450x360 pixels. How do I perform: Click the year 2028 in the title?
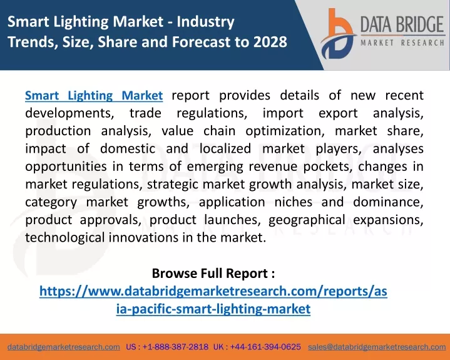pyautogui.click(x=270, y=41)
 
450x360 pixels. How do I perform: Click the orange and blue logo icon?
pyautogui.click(x=338, y=34)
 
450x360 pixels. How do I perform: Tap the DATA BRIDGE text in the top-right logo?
pyautogui.click(x=402, y=24)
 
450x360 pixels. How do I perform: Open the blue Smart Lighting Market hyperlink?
pyautogui.click(x=94, y=96)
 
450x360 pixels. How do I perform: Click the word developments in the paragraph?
pyautogui.click(x=69, y=113)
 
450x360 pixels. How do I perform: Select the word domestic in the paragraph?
pyautogui.click(x=128, y=149)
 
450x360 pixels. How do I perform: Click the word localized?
pyautogui.click(x=225, y=149)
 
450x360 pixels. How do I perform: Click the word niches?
pyautogui.click(x=294, y=202)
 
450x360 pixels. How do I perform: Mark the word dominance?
pyautogui.click(x=388, y=202)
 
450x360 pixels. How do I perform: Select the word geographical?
pyautogui.click(x=307, y=220)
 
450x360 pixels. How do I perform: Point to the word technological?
pyautogui.click(x=65, y=238)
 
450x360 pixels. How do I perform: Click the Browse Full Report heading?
pyautogui.click(x=213, y=273)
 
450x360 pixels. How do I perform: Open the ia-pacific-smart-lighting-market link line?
pyautogui.click(x=213, y=309)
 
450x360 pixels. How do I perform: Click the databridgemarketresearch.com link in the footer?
pyautogui.click(x=64, y=347)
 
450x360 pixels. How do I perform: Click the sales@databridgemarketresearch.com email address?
pyautogui.click(x=377, y=347)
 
